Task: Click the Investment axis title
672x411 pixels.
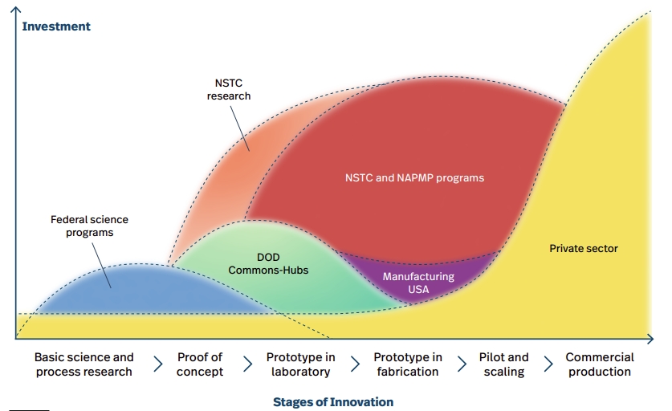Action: (x=56, y=26)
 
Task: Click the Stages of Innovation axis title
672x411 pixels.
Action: (x=333, y=402)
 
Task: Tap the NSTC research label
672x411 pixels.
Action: (x=229, y=89)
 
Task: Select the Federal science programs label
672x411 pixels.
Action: (x=89, y=226)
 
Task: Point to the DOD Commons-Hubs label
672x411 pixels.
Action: (x=268, y=263)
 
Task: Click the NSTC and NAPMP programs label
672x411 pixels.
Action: (x=414, y=178)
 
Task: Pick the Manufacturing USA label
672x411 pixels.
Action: (x=418, y=283)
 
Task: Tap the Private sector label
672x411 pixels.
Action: (x=584, y=249)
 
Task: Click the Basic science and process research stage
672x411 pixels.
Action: (x=84, y=364)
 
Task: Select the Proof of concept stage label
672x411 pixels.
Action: (x=200, y=364)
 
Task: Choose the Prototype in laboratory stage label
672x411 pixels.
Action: (x=300, y=364)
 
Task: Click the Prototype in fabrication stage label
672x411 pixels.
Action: (x=408, y=364)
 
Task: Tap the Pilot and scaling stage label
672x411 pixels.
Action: (x=503, y=364)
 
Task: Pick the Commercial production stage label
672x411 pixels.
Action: (x=600, y=364)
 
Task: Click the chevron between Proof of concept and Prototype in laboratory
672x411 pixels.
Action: (x=248, y=364)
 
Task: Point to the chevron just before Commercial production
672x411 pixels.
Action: (x=548, y=364)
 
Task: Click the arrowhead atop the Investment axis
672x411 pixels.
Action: (x=15, y=10)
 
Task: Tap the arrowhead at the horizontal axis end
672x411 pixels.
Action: (x=650, y=339)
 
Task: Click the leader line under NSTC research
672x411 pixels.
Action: (x=240, y=128)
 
